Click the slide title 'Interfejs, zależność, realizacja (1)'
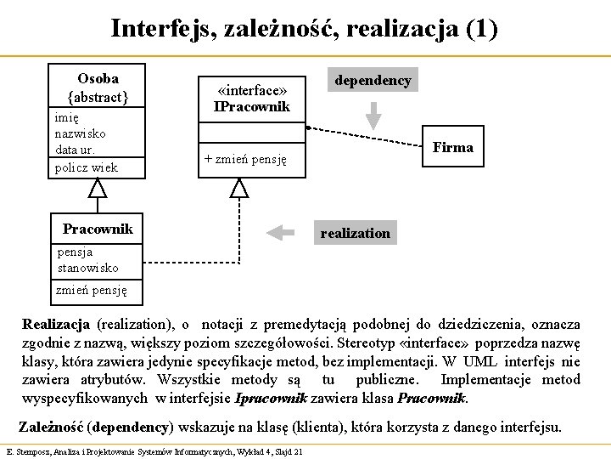tap(304, 29)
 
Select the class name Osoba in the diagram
tap(97, 76)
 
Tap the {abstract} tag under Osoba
tap(97, 96)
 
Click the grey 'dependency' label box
tap(373, 81)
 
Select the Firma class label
tap(452, 148)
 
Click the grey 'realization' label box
tap(356, 232)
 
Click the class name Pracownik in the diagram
tap(97, 229)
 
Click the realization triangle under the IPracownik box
tap(240, 188)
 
